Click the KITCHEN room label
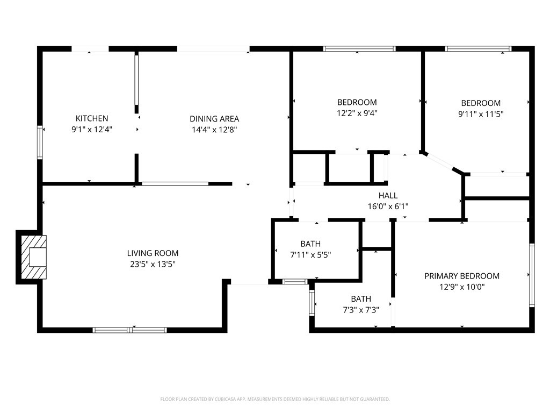coord(92,118)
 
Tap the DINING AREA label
coord(214,119)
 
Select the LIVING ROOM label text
coord(153,253)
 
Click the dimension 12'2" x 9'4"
coord(357,113)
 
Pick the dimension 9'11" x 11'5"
coord(481,114)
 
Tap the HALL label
coord(388,196)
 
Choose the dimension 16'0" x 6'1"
coord(388,206)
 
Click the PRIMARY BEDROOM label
coord(462,276)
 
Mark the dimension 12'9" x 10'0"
coord(462,287)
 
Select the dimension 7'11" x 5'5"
coord(310,255)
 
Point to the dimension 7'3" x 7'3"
coord(361,310)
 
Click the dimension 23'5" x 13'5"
coord(153,264)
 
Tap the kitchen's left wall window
coord(40,143)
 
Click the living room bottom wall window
coord(130,330)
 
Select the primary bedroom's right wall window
coord(532,275)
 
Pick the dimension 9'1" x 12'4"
coord(92,129)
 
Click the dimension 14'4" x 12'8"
coord(214,130)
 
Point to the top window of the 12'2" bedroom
coord(359,49)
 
